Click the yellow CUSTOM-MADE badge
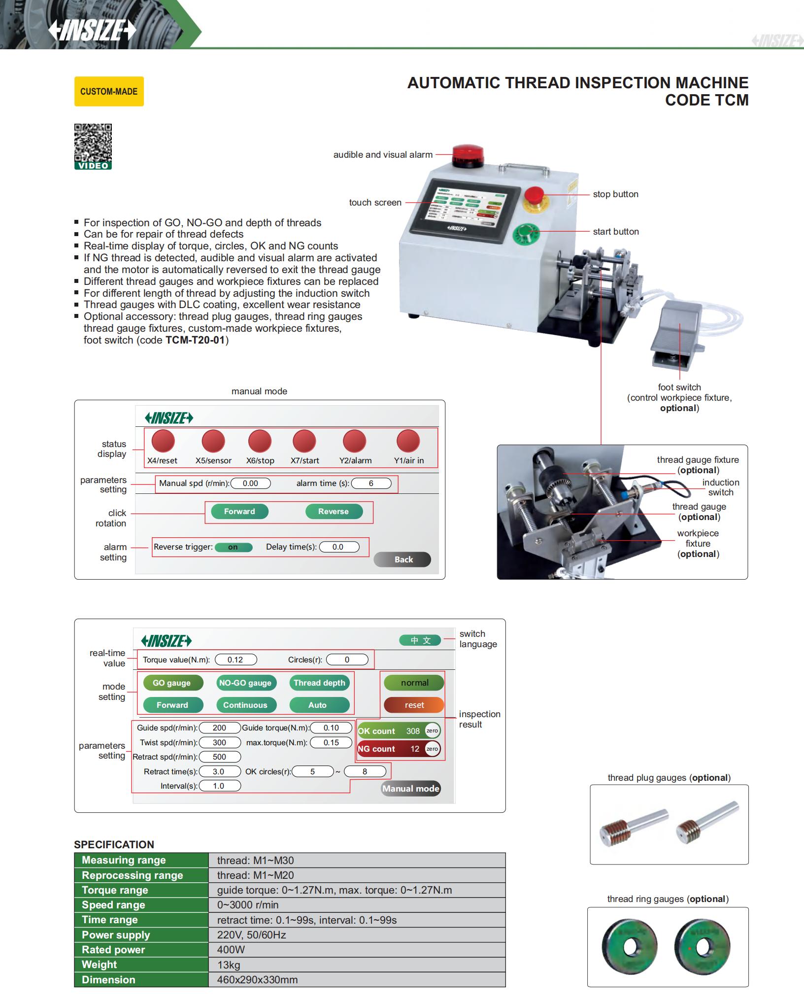109,91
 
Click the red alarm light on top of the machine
468,154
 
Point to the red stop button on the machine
534,195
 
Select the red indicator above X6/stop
260,441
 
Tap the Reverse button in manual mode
334,511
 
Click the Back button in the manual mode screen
402,559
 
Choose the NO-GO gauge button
245,683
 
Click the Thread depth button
319,683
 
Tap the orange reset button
414,705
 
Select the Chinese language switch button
420,640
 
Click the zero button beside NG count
432,749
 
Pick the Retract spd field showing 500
220,757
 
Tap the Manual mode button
410,789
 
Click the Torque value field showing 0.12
235,659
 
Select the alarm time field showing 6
371,484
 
